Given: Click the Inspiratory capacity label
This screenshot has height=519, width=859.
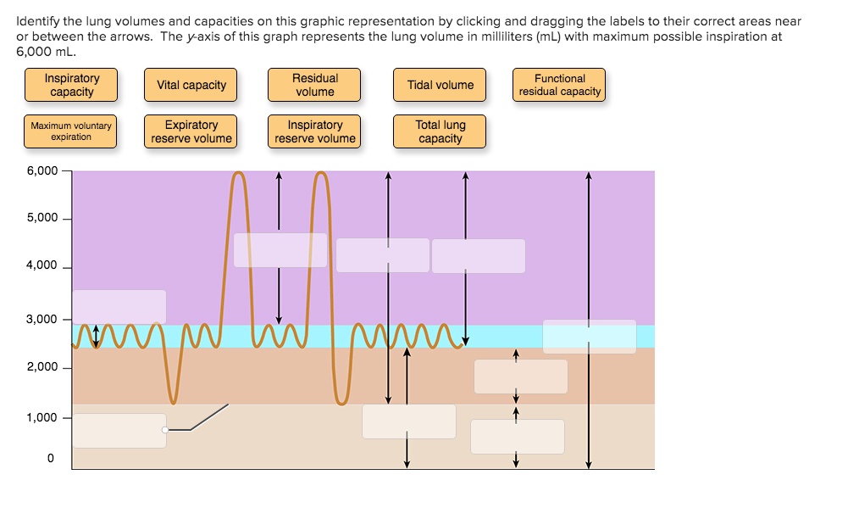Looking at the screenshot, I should tap(71, 85).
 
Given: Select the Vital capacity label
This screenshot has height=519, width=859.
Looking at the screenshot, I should tap(191, 85).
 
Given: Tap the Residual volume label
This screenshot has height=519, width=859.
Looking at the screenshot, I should tap(314, 85).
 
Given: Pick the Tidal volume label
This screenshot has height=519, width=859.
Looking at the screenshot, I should tap(441, 85).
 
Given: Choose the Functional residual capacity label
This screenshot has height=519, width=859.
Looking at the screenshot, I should tap(560, 85).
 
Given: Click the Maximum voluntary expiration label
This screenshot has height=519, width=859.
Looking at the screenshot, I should tap(71, 131).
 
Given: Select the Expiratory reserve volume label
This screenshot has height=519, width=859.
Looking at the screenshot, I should tap(191, 131).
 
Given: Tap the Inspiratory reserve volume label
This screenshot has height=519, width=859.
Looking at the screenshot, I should tap(315, 131).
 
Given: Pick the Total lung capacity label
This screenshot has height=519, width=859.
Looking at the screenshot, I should tap(441, 131).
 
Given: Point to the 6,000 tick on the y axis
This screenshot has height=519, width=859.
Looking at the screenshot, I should tap(42, 170).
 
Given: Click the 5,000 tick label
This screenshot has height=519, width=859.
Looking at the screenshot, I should tap(42, 218).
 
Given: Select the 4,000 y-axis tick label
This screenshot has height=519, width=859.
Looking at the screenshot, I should tap(42, 265).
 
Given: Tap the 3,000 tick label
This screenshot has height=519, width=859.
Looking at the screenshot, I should tap(42, 320).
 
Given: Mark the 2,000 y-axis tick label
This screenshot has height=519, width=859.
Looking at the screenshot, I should tap(42, 367).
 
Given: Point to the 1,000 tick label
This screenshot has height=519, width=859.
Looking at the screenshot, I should tap(42, 417).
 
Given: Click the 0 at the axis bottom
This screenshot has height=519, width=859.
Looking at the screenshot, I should tap(49, 458).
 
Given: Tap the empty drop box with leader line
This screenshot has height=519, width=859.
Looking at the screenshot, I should tap(119, 431).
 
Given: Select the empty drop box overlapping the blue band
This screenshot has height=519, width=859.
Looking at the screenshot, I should tap(589, 337).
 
